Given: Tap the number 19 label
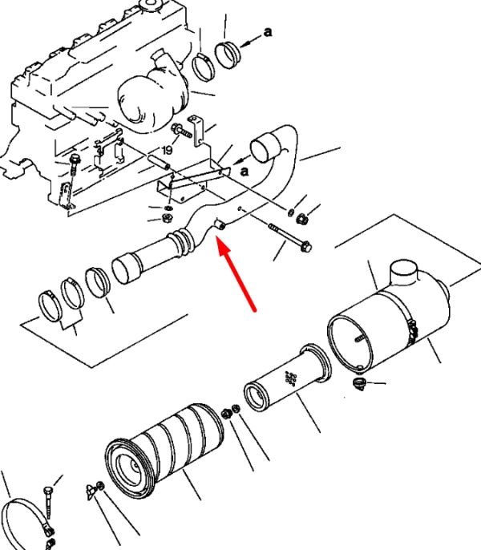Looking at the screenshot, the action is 168,150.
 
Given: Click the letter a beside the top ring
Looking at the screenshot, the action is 268,32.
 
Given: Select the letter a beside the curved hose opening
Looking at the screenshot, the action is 245,172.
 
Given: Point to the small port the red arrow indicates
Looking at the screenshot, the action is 220,224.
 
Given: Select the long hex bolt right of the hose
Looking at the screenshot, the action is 290,237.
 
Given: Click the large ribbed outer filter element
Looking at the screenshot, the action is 164,450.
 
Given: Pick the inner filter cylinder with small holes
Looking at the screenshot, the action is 287,377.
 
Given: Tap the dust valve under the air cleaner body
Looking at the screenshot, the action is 359,383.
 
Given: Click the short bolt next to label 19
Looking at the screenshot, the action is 181,131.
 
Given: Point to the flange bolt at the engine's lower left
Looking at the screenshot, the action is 75,164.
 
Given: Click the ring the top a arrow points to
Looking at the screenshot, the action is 228,55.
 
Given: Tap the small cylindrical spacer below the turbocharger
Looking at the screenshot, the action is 159,162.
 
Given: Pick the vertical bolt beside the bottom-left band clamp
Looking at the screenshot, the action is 48,502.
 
